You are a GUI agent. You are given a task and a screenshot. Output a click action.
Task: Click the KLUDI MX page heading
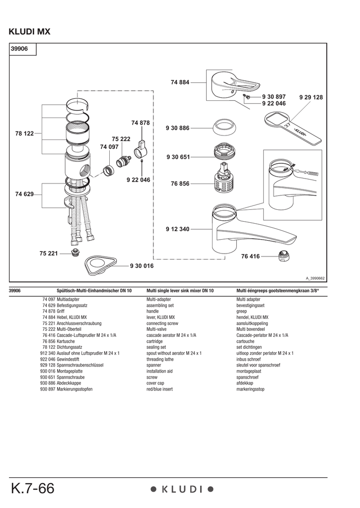click(x=30, y=32)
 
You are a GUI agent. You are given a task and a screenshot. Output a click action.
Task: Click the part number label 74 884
click(x=180, y=82)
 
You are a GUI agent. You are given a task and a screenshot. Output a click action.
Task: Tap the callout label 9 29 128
click(x=311, y=98)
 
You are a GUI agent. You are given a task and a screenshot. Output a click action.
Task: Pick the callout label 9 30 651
click(x=178, y=157)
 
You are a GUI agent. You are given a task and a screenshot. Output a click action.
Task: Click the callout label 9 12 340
click(x=178, y=229)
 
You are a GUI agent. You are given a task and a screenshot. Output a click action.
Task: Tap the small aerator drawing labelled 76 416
click(x=284, y=256)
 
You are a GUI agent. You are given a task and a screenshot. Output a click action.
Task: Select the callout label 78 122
click(x=24, y=133)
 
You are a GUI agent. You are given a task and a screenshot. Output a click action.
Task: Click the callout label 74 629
click(x=24, y=194)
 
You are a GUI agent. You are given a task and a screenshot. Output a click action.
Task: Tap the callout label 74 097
click(x=109, y=147)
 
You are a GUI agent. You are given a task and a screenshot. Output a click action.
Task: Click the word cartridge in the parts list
click(x=154, y=342)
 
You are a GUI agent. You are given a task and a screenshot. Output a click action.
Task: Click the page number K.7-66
click(x=32, y=489)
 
